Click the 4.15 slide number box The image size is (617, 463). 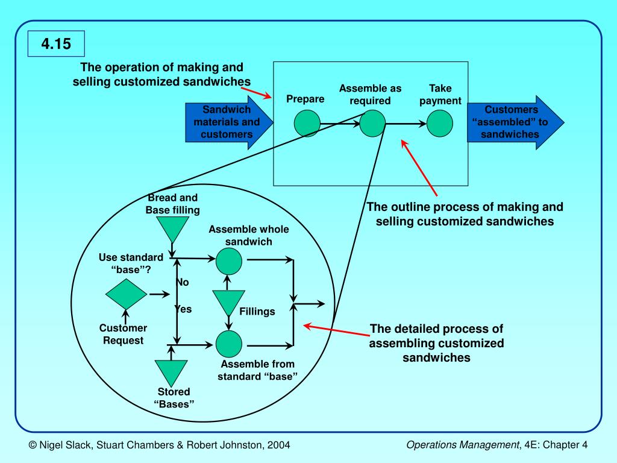coord(56,43)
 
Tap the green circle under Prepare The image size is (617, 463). coord(307,123)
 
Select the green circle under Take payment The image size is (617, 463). coord(440,123)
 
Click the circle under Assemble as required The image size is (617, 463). coord(372,123)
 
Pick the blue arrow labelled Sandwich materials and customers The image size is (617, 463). coord(229,122)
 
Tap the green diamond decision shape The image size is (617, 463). coord(127,294)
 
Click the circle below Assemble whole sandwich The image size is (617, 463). coord(229,261)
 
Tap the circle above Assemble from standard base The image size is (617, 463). coord(229,344)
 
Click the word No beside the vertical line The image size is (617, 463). coord(183,282)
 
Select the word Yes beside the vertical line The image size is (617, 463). coord(184,309)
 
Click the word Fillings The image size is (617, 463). coord(257,312)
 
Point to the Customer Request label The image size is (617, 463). coord(123,334)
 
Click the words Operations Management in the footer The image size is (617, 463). coord(463,445)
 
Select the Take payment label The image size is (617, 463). coord(440,95)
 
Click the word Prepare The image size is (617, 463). coord(305,99)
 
